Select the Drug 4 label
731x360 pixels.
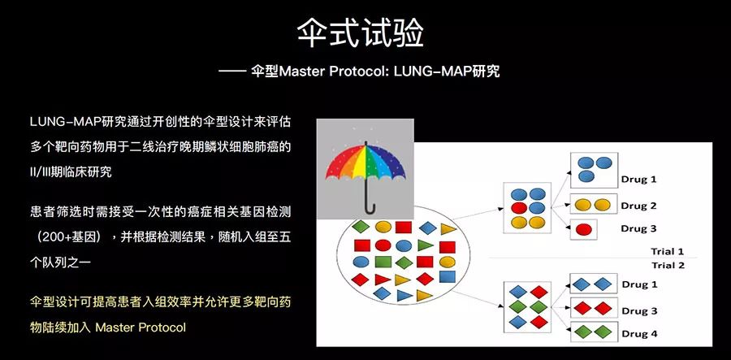point(639,333)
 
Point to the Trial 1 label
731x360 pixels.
point(667,251)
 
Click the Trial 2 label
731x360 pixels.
point(667,265)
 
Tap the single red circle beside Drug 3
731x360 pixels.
point(582,229)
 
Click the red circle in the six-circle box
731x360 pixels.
point(517,207)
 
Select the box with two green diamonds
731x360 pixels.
point(590,332)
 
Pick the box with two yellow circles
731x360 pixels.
point(590,205)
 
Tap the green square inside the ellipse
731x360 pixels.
point(383,262)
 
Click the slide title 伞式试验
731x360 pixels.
point(365,33)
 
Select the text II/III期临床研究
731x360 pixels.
point(71,171)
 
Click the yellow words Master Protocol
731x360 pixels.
point(141,327)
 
